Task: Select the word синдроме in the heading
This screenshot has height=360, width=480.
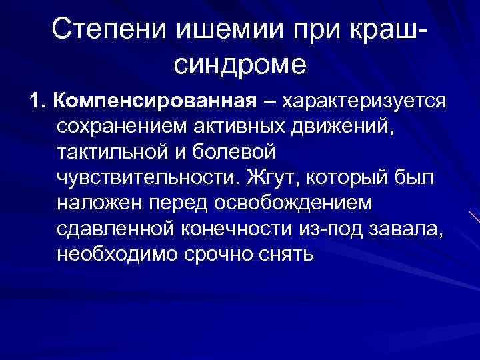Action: (x=239, y=64)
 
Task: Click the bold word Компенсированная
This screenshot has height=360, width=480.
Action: (x=155, y=101)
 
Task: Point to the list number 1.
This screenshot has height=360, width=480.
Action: (x=36, y=101)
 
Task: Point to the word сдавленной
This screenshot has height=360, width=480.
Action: (x=113, y=229)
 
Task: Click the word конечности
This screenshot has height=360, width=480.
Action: (x=227, y=229)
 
